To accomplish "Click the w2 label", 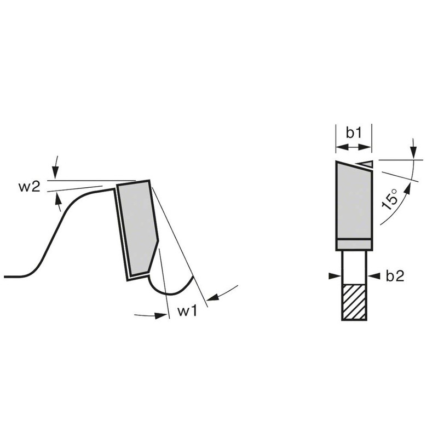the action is point(30,187).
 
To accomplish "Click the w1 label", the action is point(187,310).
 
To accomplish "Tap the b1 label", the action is point(354,132).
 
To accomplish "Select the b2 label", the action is point(395,276).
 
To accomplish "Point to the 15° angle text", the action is point(390,199).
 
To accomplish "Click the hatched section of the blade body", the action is point(354,302).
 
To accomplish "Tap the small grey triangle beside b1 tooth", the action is point(366,164).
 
